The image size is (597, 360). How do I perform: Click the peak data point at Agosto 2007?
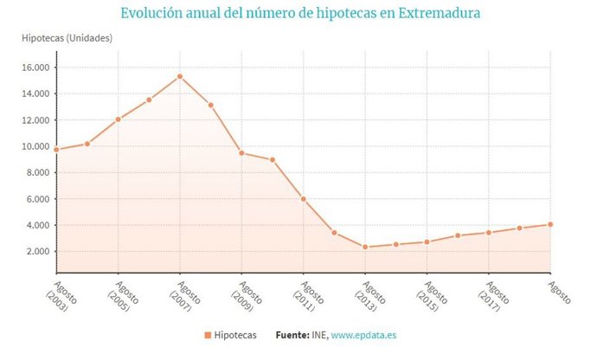180,76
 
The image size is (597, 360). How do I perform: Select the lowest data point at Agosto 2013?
365,247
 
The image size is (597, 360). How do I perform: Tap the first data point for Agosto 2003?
56,150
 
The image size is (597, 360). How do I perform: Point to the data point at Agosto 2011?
304,199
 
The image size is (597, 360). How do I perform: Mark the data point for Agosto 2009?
241,153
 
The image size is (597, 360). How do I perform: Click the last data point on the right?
550,224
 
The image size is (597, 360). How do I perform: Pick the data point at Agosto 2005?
118,119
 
